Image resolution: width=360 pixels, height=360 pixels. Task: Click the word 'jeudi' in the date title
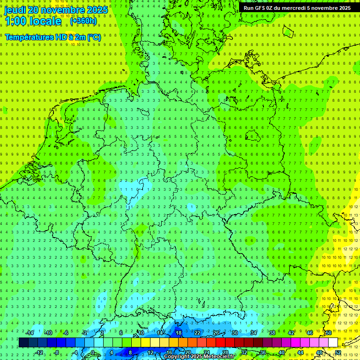tap(15, 10)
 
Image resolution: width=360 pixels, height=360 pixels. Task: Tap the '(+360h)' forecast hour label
tap(83, 21)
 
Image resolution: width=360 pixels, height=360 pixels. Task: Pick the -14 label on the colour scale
tap(30, 333)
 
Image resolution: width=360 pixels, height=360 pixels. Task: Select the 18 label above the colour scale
tap(178, 333)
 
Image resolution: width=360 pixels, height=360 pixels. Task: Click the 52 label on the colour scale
tap(337, 352)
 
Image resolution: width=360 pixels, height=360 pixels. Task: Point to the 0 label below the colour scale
tap(93, 352)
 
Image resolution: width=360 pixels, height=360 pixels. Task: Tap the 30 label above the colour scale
tap(234, 333)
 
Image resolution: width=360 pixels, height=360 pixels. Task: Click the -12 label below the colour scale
tap(39, 352)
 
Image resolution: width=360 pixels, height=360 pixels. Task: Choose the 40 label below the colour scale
tap(281, 352)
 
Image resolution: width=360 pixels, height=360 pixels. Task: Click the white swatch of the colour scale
tap(333, 343)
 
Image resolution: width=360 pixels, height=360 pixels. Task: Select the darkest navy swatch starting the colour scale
tap(23, 343)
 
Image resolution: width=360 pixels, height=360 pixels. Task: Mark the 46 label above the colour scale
tap(309, 333)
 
